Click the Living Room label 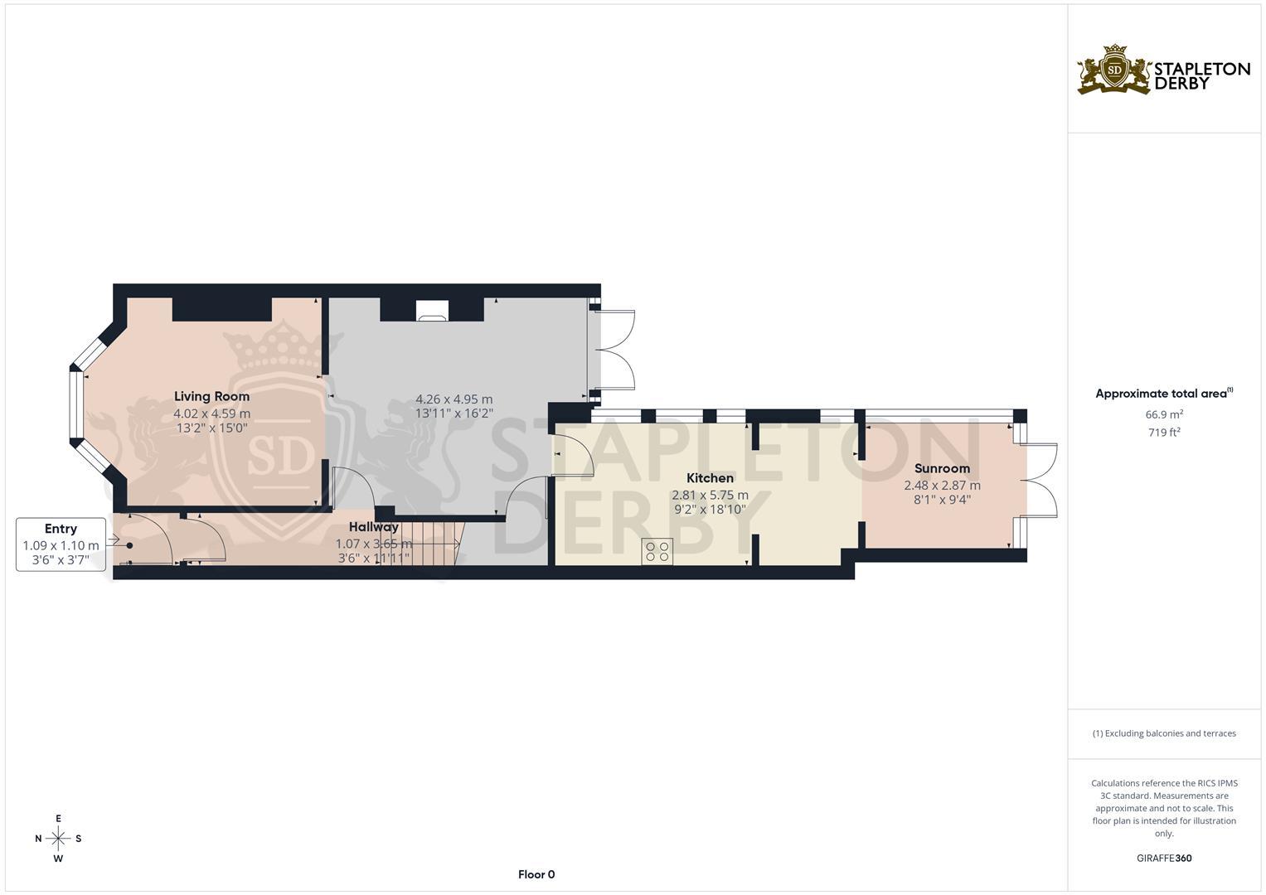211,397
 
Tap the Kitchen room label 710,478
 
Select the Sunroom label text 942,469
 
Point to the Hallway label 373,527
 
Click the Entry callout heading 61,529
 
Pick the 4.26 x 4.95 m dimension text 454,399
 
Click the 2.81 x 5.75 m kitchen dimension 710,495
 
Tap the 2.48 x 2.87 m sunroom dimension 942,486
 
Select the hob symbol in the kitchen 657,552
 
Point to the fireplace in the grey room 432,312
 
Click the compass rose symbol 58,839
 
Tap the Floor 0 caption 536,874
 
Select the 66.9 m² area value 1163,414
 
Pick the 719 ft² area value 1163,433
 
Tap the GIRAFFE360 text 1163,859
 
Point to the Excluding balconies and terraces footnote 1163,733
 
